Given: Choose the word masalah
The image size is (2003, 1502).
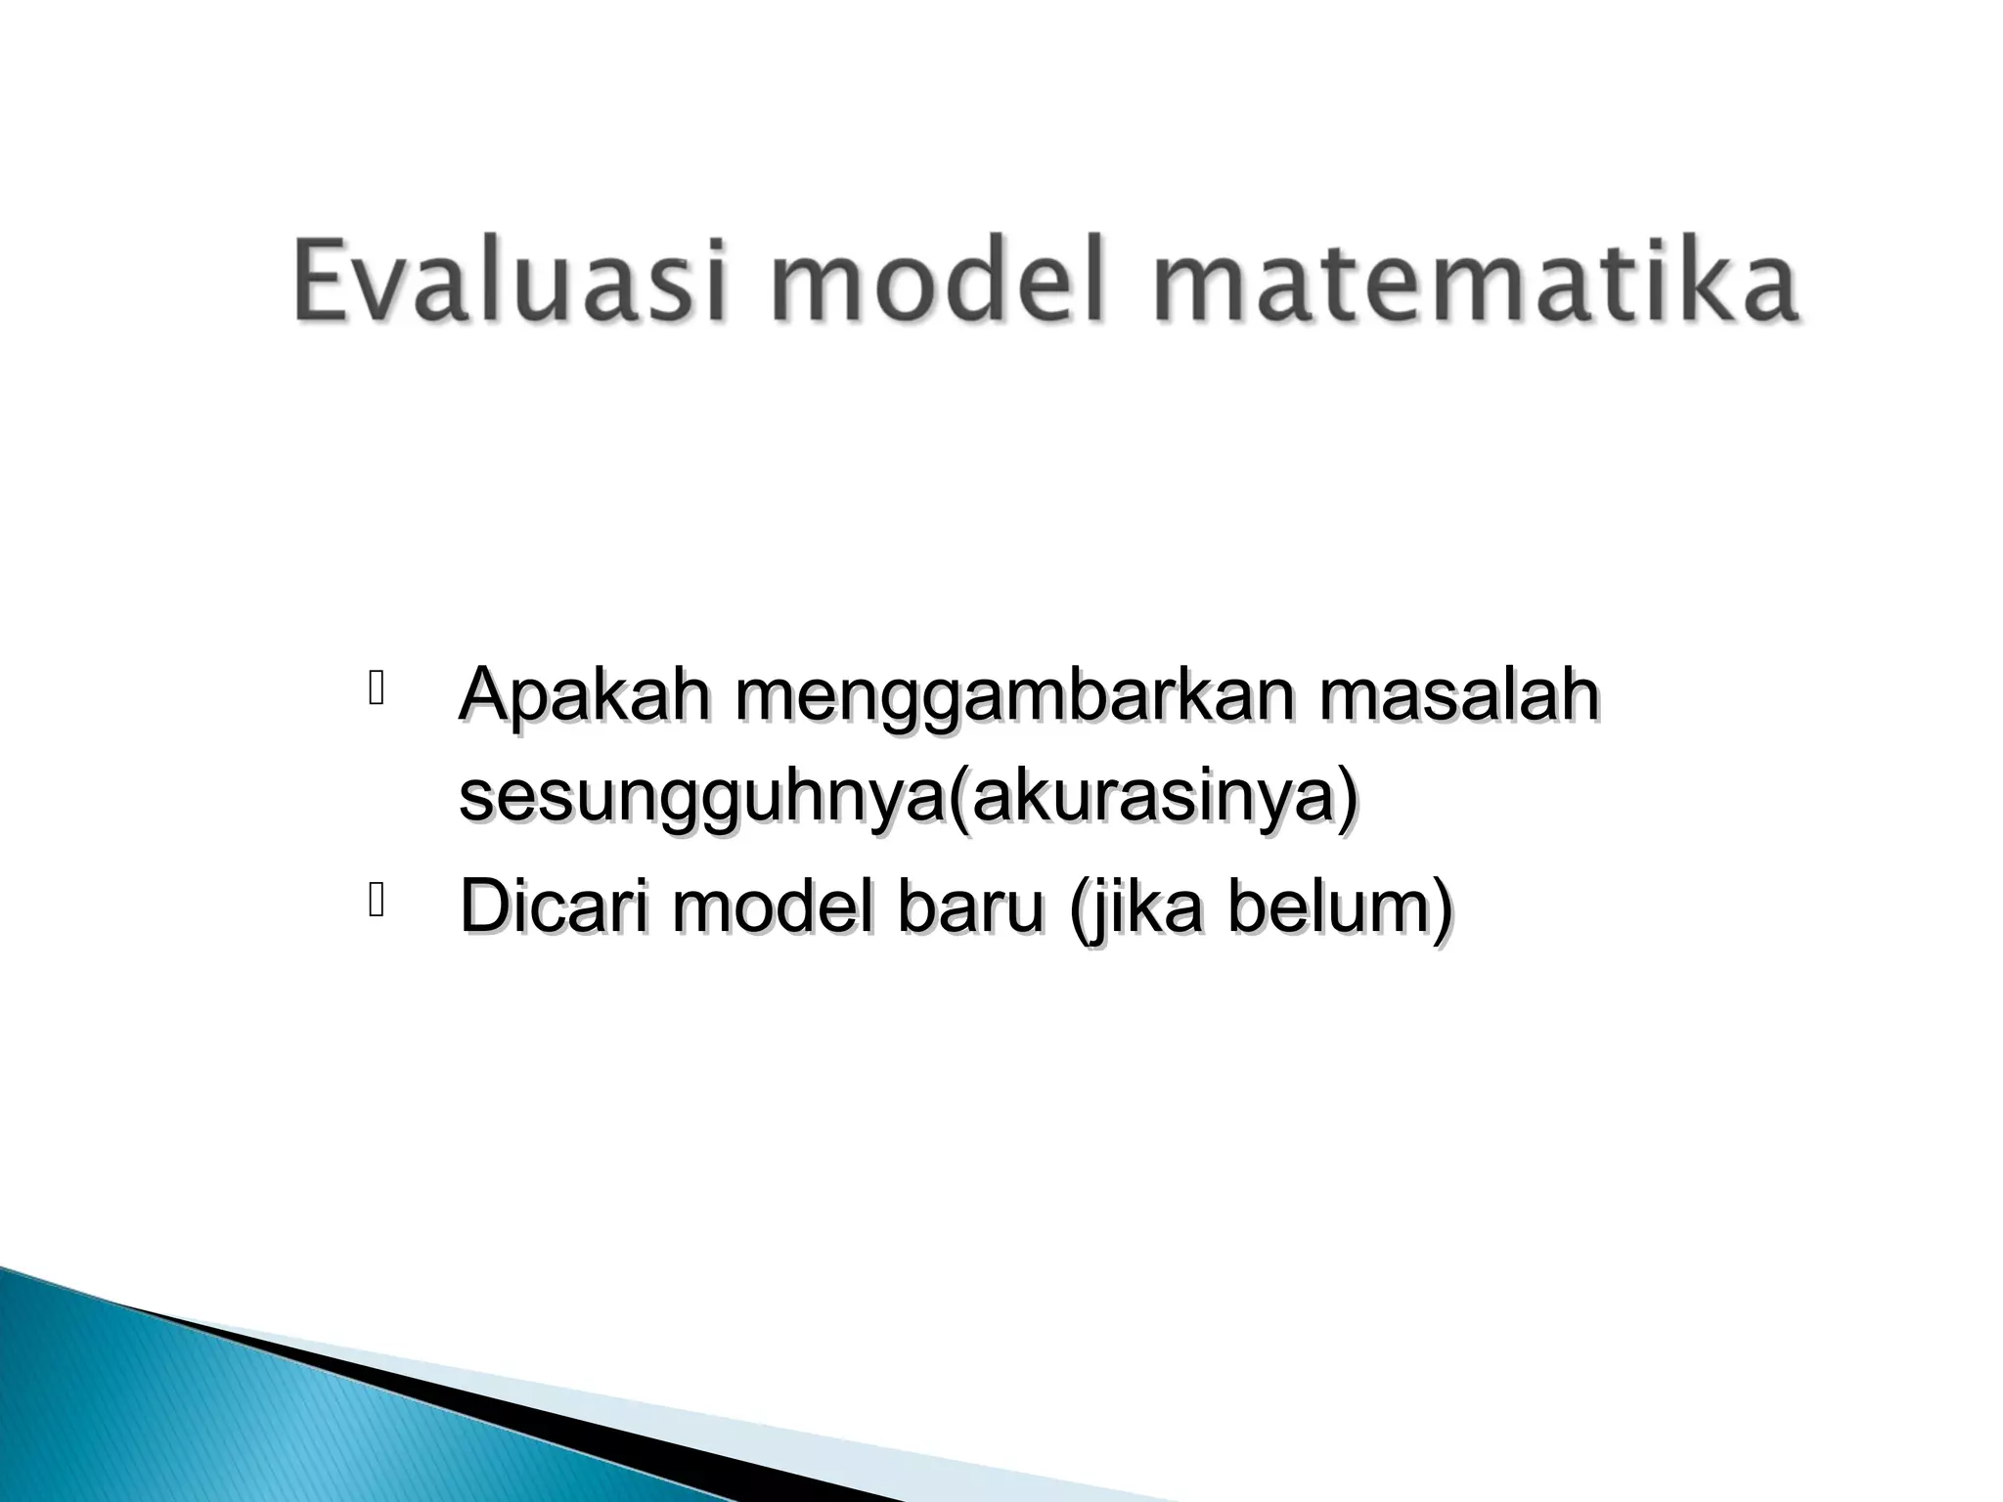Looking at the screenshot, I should coord(1458,696).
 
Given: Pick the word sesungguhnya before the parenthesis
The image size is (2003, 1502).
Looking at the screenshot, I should coord(702,801).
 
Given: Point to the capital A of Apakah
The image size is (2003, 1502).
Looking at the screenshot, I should coord(483,696).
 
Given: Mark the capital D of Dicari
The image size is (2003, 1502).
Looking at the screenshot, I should coord(485,906).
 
